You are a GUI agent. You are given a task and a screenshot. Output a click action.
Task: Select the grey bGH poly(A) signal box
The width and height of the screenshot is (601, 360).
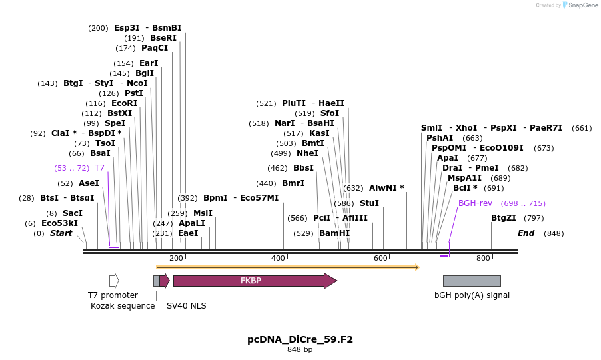pos(472,281)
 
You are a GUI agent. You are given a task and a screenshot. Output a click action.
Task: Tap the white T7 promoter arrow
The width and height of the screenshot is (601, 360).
pos(114,281)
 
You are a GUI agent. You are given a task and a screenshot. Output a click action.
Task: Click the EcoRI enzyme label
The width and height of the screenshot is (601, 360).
pos(124,103)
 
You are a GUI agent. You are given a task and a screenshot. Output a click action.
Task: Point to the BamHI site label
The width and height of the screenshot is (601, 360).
pos(334,233)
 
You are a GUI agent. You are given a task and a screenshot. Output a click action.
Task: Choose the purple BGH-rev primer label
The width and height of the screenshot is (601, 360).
pos(475,203)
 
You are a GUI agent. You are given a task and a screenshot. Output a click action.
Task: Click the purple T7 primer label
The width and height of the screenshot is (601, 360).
pos(99,168)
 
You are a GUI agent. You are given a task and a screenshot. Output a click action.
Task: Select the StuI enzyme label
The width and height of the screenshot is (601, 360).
pos(369,203)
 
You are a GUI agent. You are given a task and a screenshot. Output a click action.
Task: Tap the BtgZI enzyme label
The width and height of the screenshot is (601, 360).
pos(504,218)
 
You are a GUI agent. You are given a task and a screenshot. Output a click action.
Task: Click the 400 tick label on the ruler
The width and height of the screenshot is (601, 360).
pos(278,258)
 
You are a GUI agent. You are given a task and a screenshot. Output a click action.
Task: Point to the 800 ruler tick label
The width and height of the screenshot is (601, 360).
pos(483,258)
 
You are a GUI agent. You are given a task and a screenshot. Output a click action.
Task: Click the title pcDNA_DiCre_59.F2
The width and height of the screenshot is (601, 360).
pos(300,339)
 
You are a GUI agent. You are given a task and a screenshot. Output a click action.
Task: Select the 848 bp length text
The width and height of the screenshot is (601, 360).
pos(300,350)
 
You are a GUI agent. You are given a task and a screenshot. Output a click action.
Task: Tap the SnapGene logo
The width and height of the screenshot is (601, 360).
pos(580,5)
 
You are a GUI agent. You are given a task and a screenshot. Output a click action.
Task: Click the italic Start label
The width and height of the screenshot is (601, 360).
pos(61,233)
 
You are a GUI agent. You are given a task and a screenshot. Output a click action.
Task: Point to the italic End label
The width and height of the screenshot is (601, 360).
pos(526,233)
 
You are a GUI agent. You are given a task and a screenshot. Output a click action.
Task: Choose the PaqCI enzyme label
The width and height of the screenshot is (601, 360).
pos(155,48)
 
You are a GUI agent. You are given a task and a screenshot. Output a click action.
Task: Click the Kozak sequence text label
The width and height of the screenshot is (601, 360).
pos(123,305)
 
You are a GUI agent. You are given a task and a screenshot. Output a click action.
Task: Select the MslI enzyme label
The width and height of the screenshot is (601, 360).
pos(203,213)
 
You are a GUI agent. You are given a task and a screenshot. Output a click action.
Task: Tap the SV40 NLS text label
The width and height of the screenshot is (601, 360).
pos(187,305)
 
